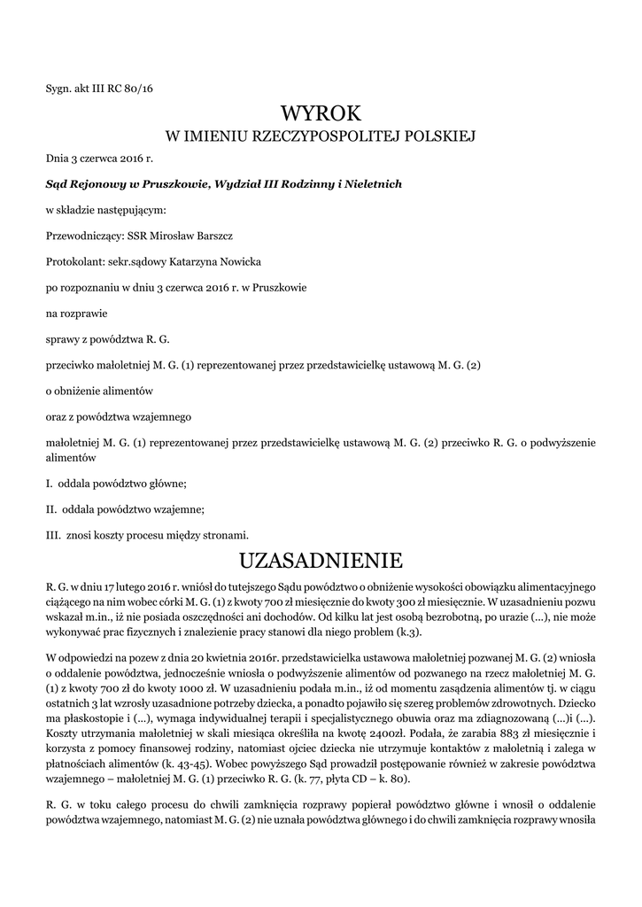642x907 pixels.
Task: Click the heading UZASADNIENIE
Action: click(321, 560)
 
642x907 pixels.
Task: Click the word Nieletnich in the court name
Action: click(373, 184)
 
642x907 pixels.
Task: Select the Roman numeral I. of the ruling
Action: click(49, 484)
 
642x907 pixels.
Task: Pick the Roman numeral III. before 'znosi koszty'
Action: click(52, 534)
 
